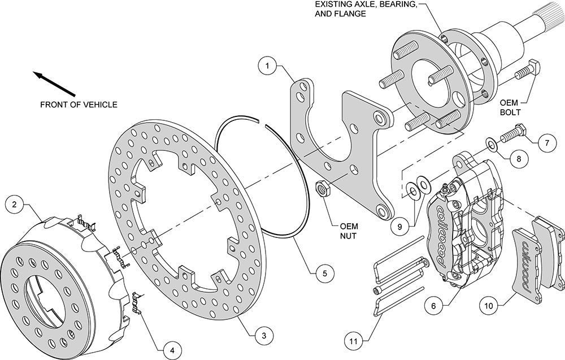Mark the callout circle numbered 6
tap(433, 306)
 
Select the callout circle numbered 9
tap(399, 227)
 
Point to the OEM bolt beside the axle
tap(527, 71)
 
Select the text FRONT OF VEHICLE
tap(79, 104)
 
